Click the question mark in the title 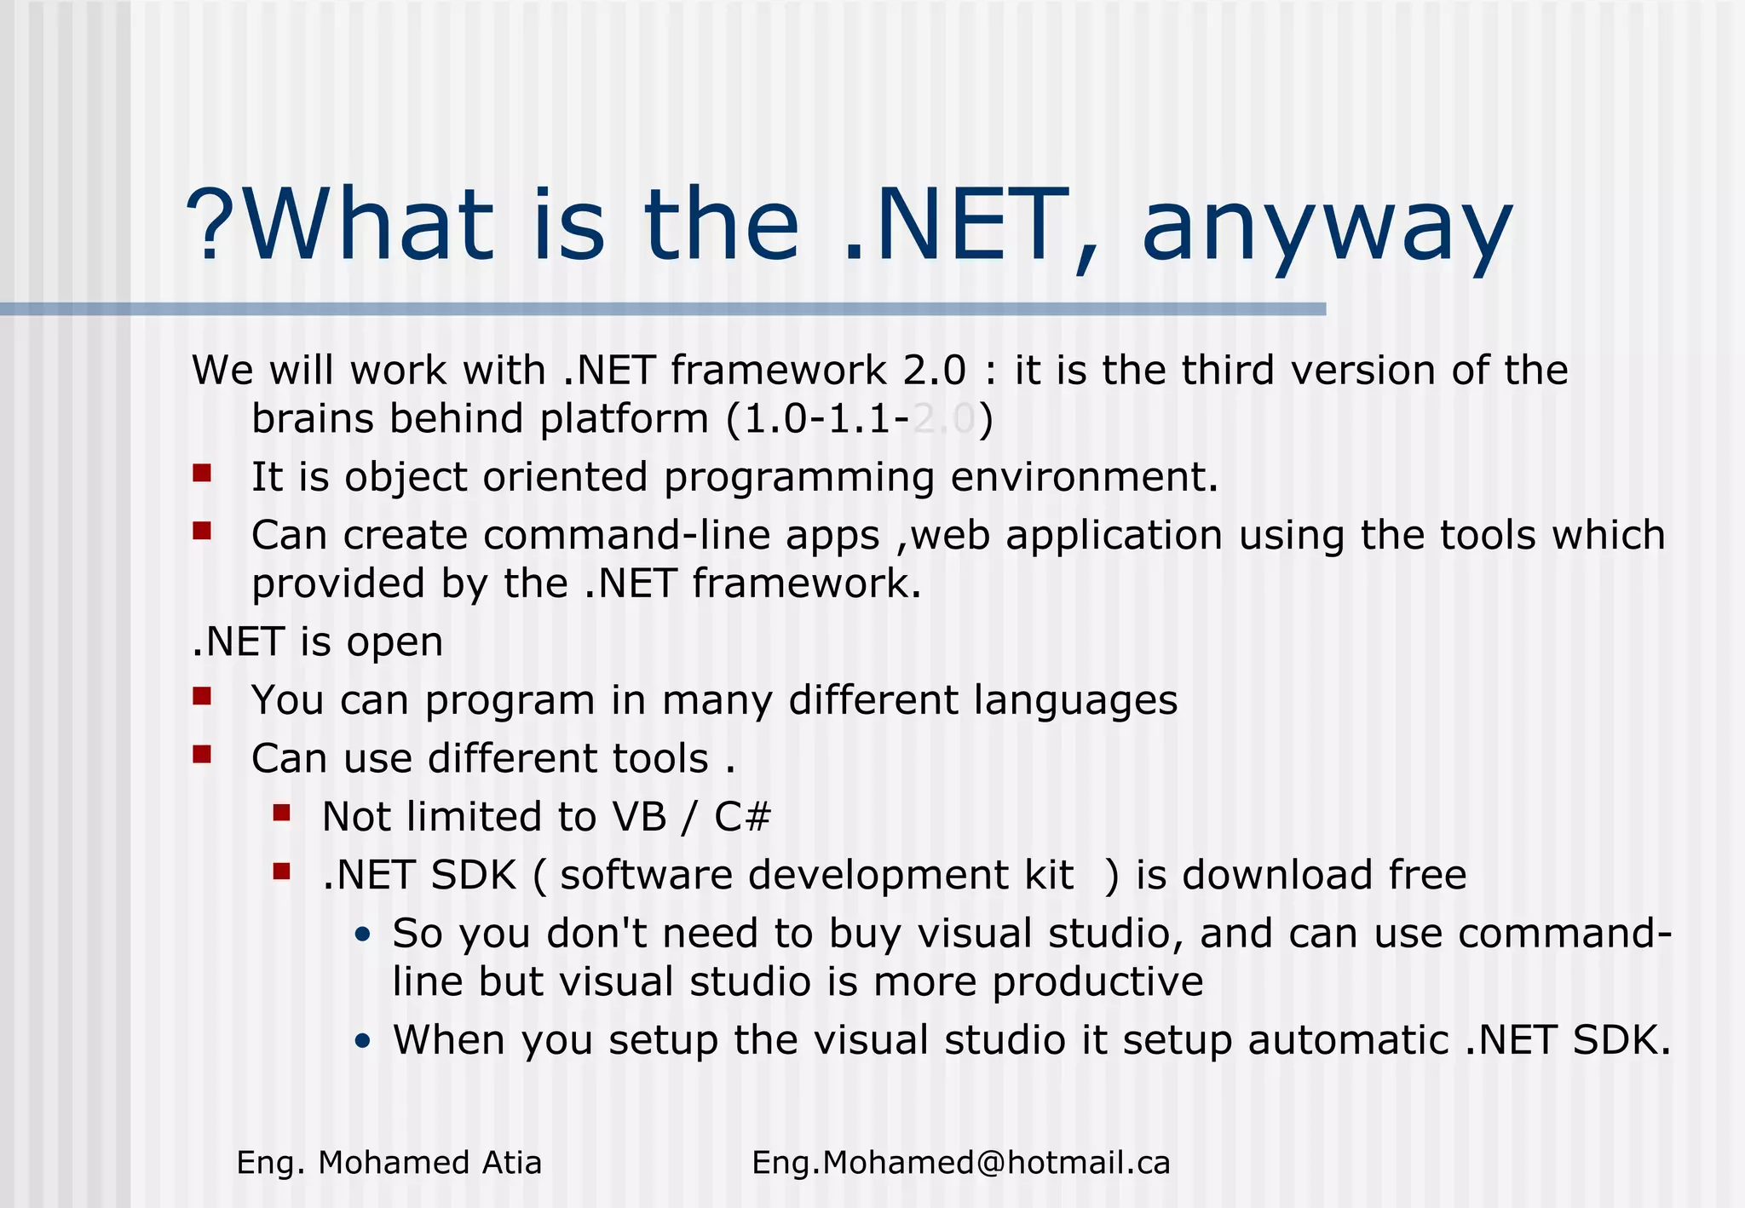coord(213,223)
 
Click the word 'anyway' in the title coord(1326,228)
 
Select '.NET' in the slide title coord(955,225)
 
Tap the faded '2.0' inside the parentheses coord(943,419)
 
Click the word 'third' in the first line coord(1228,371)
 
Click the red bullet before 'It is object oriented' coord(202,473)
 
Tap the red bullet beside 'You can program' coord(202,696)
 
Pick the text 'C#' coord(742,817)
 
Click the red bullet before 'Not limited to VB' coord(282,813)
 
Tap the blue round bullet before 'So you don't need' coord(363,935)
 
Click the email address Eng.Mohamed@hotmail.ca coord(960,1163)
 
